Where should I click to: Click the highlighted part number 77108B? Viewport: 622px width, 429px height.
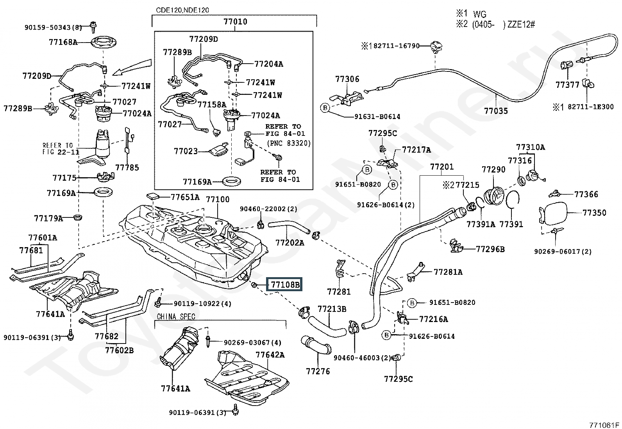(283, 285)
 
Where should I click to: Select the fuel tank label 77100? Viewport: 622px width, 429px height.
(218, 199)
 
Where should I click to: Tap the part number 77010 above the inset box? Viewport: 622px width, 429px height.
(236, 22)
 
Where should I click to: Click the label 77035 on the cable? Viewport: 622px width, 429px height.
(496, 111)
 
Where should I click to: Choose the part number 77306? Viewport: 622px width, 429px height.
(347, 79)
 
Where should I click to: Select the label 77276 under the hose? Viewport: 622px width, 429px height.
(318, 371)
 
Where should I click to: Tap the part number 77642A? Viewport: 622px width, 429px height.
(270, 355)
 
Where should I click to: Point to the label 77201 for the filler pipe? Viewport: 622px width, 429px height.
(442, 167)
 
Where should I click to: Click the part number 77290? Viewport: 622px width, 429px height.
(493, 169)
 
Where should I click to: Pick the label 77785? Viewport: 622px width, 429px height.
(127, 168)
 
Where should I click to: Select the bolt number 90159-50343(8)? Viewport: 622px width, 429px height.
(53, 27)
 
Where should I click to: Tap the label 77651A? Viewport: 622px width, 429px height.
(185, 198)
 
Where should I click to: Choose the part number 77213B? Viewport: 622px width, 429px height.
(332, 309)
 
